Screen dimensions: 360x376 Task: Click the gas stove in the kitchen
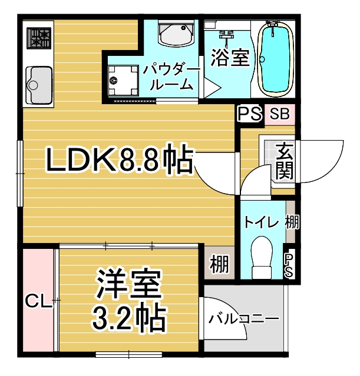click(39, 38)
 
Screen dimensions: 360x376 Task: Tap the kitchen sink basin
click(39, 85)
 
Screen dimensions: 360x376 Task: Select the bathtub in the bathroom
click(276, 59)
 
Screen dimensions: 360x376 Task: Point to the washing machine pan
click(123, 81)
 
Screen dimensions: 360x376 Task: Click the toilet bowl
click(262, 258)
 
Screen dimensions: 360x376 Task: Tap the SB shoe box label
click(279, 114)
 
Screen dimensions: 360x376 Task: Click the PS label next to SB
click(249, 114)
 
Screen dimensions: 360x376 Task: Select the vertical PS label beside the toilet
click(289, 265)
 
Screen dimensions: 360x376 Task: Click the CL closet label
click(39, 301)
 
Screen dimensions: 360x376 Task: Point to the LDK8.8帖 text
click(120, 159)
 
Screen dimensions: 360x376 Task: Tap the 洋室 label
click(128, 284)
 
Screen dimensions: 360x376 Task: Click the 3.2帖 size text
click(129, 317)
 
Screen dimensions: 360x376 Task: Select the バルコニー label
click(243, 318)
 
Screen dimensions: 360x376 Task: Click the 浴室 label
click(230, 58)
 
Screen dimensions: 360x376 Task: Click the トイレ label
click(261, 222)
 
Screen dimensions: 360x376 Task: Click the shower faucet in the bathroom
click(226, 36)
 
